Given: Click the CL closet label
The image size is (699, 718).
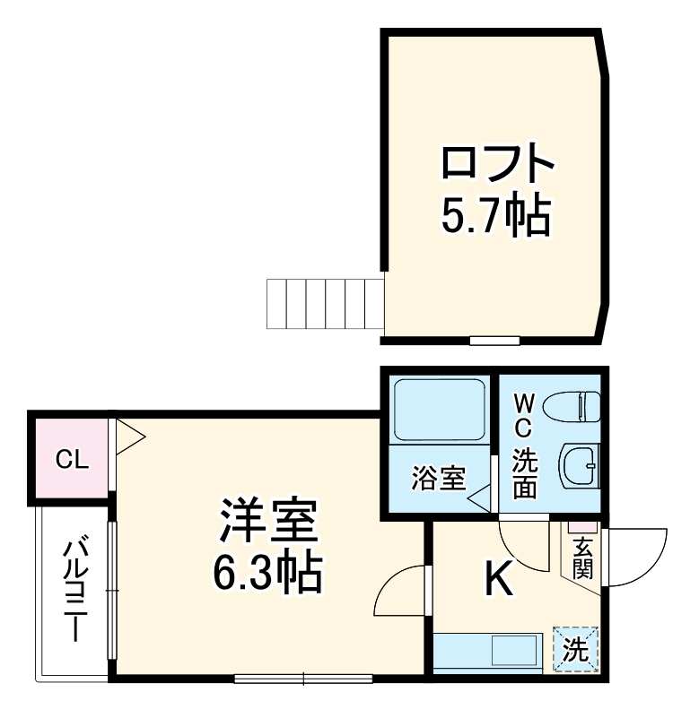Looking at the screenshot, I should pyautogui.click(x=72, y=461).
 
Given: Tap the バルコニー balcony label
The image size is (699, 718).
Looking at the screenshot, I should pyautogui.click(x=76, y=587).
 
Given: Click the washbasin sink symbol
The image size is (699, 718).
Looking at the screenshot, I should pyautogui.click(x=579, y=464).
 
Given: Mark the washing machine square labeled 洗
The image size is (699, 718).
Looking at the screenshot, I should pyautogui.click(x=576, y=647).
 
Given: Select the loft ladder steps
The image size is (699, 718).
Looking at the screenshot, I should pyautogui.click(x=325, y=305).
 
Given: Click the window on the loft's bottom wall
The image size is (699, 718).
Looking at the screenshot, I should pyautogui.click(x=494, y=341).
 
